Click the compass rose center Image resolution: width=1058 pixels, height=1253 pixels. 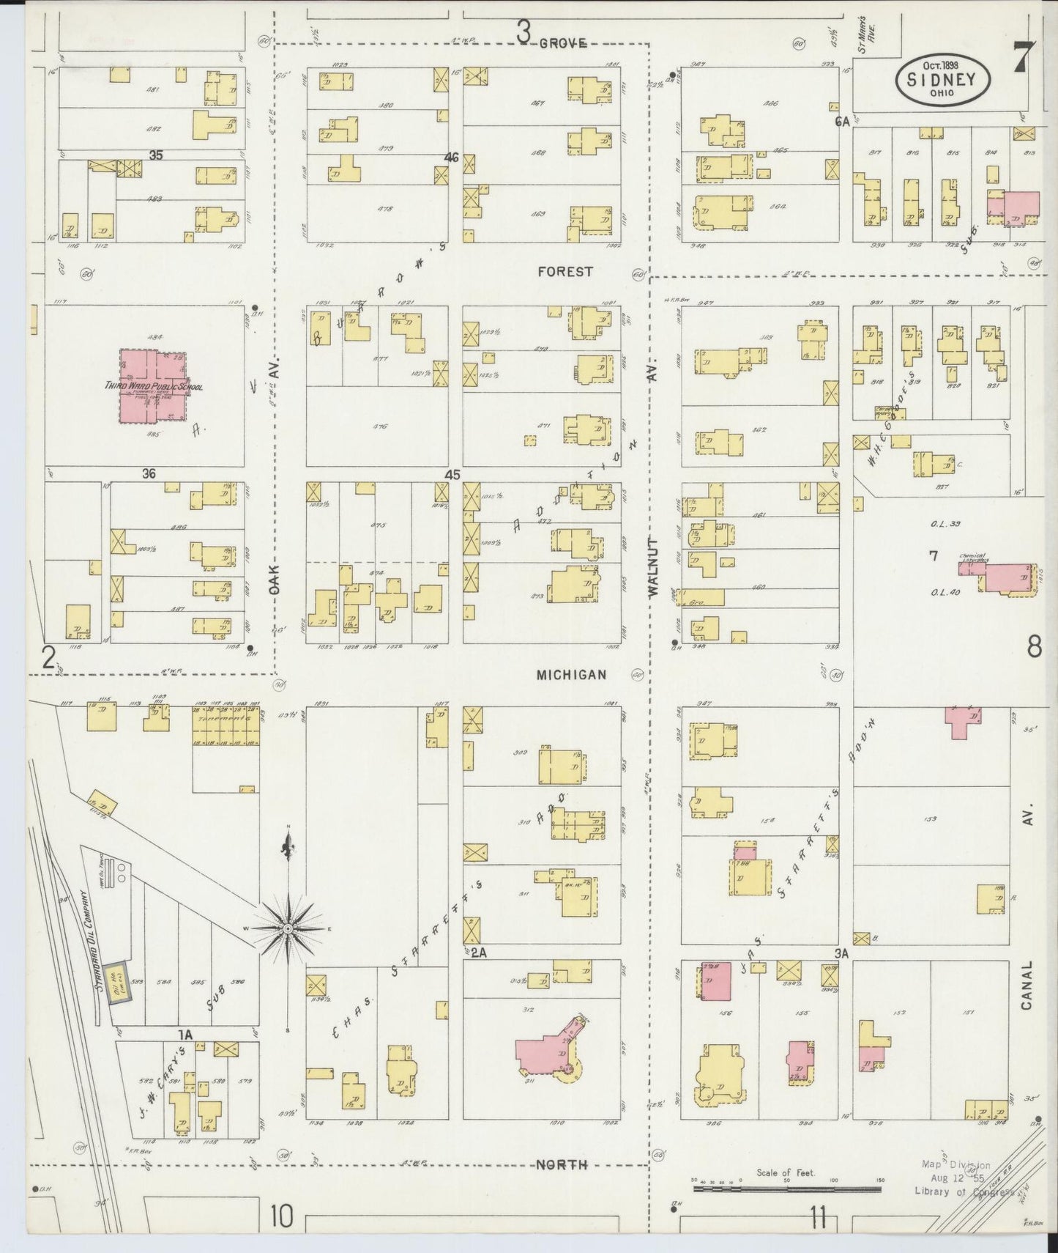coord(288,928)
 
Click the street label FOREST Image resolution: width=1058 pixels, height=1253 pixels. coord(565,272)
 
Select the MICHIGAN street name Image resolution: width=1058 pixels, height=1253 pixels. coord(571,675)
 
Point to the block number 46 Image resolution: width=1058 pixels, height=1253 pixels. coord(451,157)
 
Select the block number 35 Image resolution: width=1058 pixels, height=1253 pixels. coord(155,155)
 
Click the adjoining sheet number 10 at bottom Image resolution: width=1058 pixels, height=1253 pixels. coord(281,1217)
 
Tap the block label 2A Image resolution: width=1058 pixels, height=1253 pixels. coord(479,952)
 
